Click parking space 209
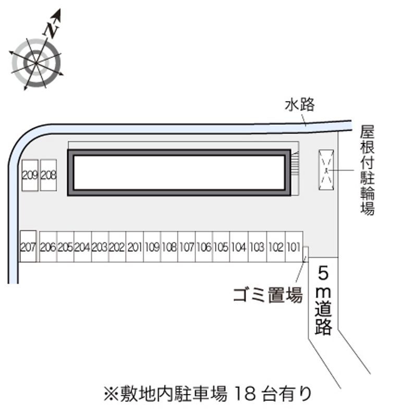(30, 175)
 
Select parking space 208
(48, 175)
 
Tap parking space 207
(28, 246)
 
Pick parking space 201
(134, 247)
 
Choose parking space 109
(152, 247)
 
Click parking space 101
(293, 247)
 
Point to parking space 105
(222, 247)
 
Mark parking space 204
(82, 247)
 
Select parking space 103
(257, 247)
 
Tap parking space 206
(48, 247)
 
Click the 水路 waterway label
(300, 105)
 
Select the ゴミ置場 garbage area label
(267, 296)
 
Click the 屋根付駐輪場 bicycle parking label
(367, 170)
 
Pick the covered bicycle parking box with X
(327, 169)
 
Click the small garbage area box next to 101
(306, 253)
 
